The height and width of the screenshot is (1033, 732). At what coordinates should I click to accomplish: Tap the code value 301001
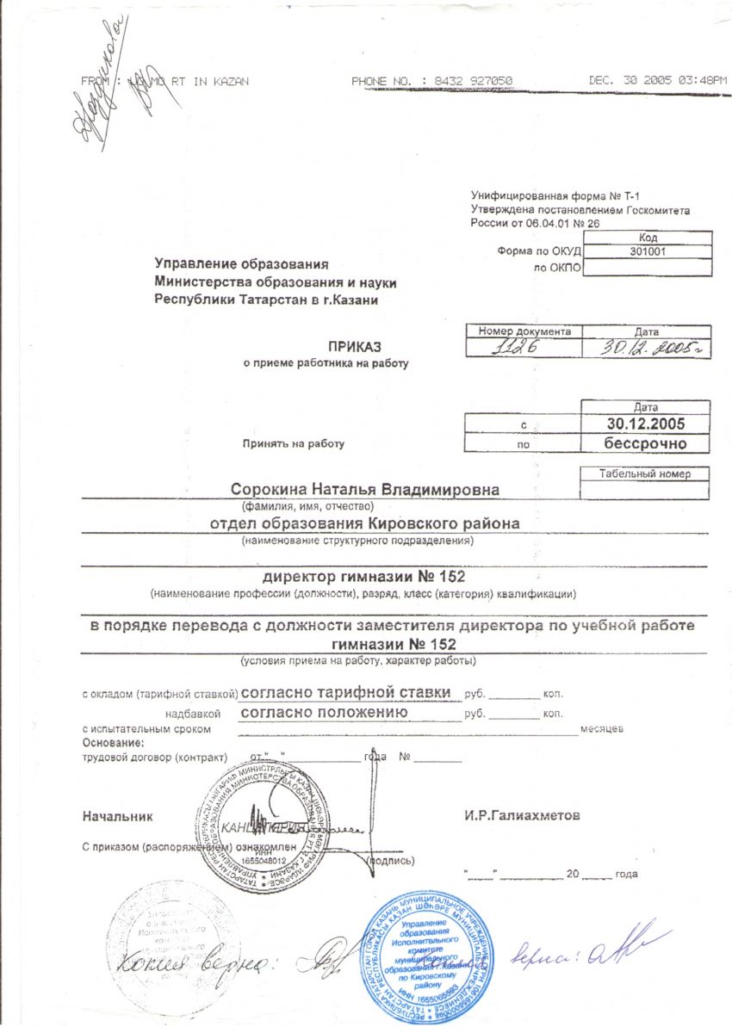click(x=649, y=252)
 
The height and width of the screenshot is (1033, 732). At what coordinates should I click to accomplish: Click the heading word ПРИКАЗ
click(x=348, y=347)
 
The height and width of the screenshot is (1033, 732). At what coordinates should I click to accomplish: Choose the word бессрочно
click(x=646, y=444)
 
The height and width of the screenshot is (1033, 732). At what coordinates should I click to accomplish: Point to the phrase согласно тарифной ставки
click(x=345, y=692)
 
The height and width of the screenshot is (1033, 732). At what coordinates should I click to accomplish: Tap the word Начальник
click(x=117, y=814)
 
